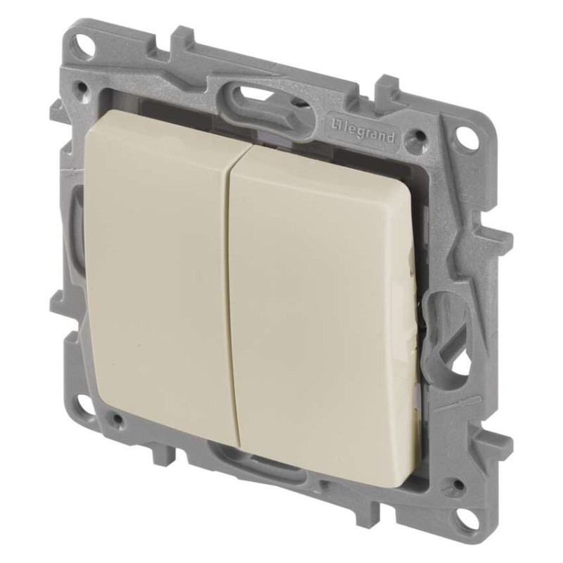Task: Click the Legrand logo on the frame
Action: tap(362, 132)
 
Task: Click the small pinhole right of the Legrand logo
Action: tap(417, 136)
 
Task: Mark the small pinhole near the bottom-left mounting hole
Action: tap(117, 418)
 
